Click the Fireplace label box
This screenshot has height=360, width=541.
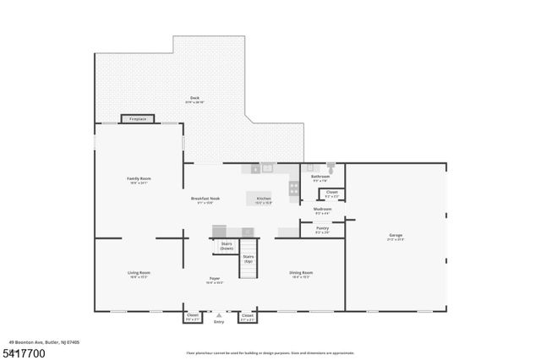tap(137, 119)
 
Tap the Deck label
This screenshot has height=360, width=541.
tap(194, 100)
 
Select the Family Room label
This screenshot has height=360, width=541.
tap(138, 180)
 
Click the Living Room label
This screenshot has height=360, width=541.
tap(139, 274)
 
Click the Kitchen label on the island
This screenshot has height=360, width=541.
tap(264, 199)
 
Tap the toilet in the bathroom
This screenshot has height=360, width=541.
tap(331, 168)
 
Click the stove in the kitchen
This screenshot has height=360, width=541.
tap(294, 188)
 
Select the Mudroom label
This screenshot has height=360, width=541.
tap(322, 210)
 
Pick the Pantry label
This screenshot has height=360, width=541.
tap(322, 229)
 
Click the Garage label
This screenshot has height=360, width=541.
tap(396, 237)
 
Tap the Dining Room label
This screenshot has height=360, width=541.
tap(302, 274)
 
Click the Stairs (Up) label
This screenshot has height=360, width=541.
tap(249, 259)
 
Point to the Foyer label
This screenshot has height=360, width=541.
tap(215, 279)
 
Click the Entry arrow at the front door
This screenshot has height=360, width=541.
tap(219, 314)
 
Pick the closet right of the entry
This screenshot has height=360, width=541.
tap(247, 318)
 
